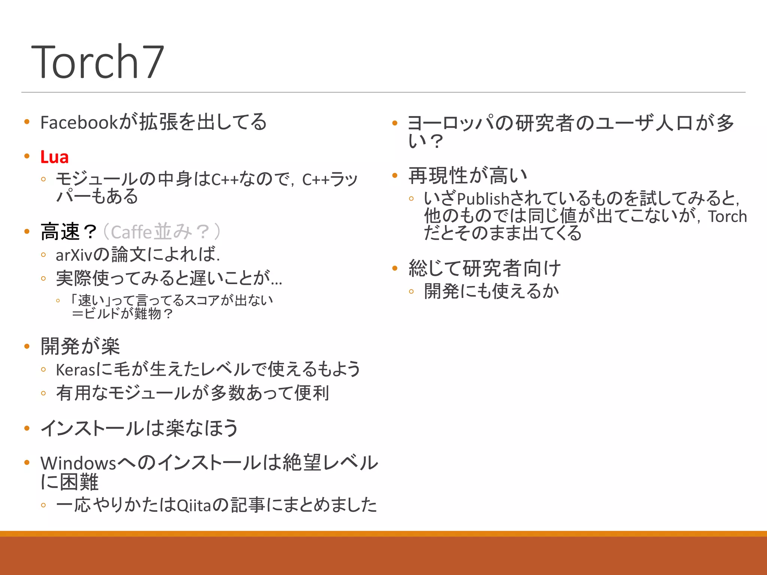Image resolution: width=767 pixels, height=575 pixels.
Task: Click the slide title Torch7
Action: pyautogui.click(x=97, y=62)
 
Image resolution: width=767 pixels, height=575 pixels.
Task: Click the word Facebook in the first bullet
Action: pyautogui.click(x=79, y=122)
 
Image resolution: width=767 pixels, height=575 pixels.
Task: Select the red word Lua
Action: pyautogui.click(x=55, y=157)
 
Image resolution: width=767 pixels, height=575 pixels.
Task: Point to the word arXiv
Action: pyautogui.click(x=74, y=255)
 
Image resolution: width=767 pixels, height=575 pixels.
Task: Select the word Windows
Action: pyautogui.click(x=78, y=463)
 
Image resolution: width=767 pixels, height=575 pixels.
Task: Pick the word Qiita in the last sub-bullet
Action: pyautogui.click(x=194, y=506)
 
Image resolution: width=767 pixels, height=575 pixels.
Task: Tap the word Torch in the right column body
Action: pyautogui.click(x=727, y=217)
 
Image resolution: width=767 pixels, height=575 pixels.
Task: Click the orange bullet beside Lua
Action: pyautogui.click(x=27, y=156)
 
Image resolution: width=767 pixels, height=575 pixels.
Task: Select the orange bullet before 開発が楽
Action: pyautogui.click(x=27, y=346)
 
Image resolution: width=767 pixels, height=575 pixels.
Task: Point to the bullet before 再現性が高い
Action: pyautogui.click(x=395, y=175)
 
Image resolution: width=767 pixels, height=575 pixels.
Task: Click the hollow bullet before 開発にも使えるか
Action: pyautogui.click(x=411, y=291)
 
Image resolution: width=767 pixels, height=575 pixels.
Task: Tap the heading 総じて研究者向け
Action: pyautogui.click(x=485, y=268)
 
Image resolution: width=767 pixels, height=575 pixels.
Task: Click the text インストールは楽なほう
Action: pyautogui.click(x=139, y=428)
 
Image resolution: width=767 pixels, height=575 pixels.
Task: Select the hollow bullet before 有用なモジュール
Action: pyautogui.click(x=43, y=393)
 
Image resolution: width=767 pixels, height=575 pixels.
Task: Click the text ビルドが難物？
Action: pyautogui.click(x=127, y=314)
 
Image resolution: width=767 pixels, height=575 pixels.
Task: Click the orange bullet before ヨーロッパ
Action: pyautogui.click(x=395, y=123)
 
